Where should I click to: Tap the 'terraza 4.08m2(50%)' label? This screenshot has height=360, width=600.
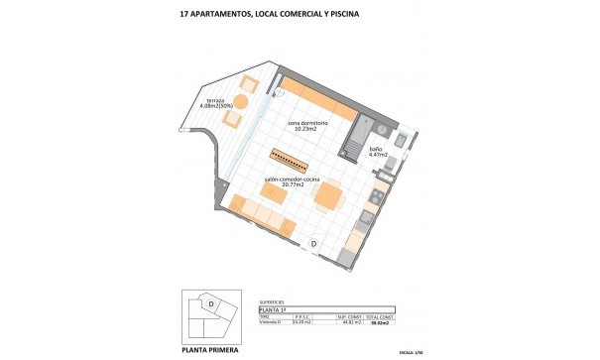(x=220, y=104)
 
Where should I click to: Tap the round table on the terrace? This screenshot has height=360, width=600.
(x=226, y=101)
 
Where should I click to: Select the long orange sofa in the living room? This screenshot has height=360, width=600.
(x=260, y=217)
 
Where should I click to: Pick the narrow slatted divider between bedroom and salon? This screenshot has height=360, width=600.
(x=294, y=161)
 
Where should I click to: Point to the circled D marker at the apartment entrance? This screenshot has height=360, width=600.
(x=313, y=243)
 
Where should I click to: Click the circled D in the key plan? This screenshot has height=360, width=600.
(x=211, y=300)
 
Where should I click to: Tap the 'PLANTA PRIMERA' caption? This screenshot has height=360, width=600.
(x=210, y=349)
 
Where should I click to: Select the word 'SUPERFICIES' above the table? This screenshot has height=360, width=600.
(x=272, y=301)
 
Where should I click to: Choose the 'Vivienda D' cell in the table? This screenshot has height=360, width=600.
(x=270, y=323)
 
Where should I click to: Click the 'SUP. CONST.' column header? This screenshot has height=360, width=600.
(x=347, y=317)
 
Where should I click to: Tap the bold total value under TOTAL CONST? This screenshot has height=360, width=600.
(x=380, y=323)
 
